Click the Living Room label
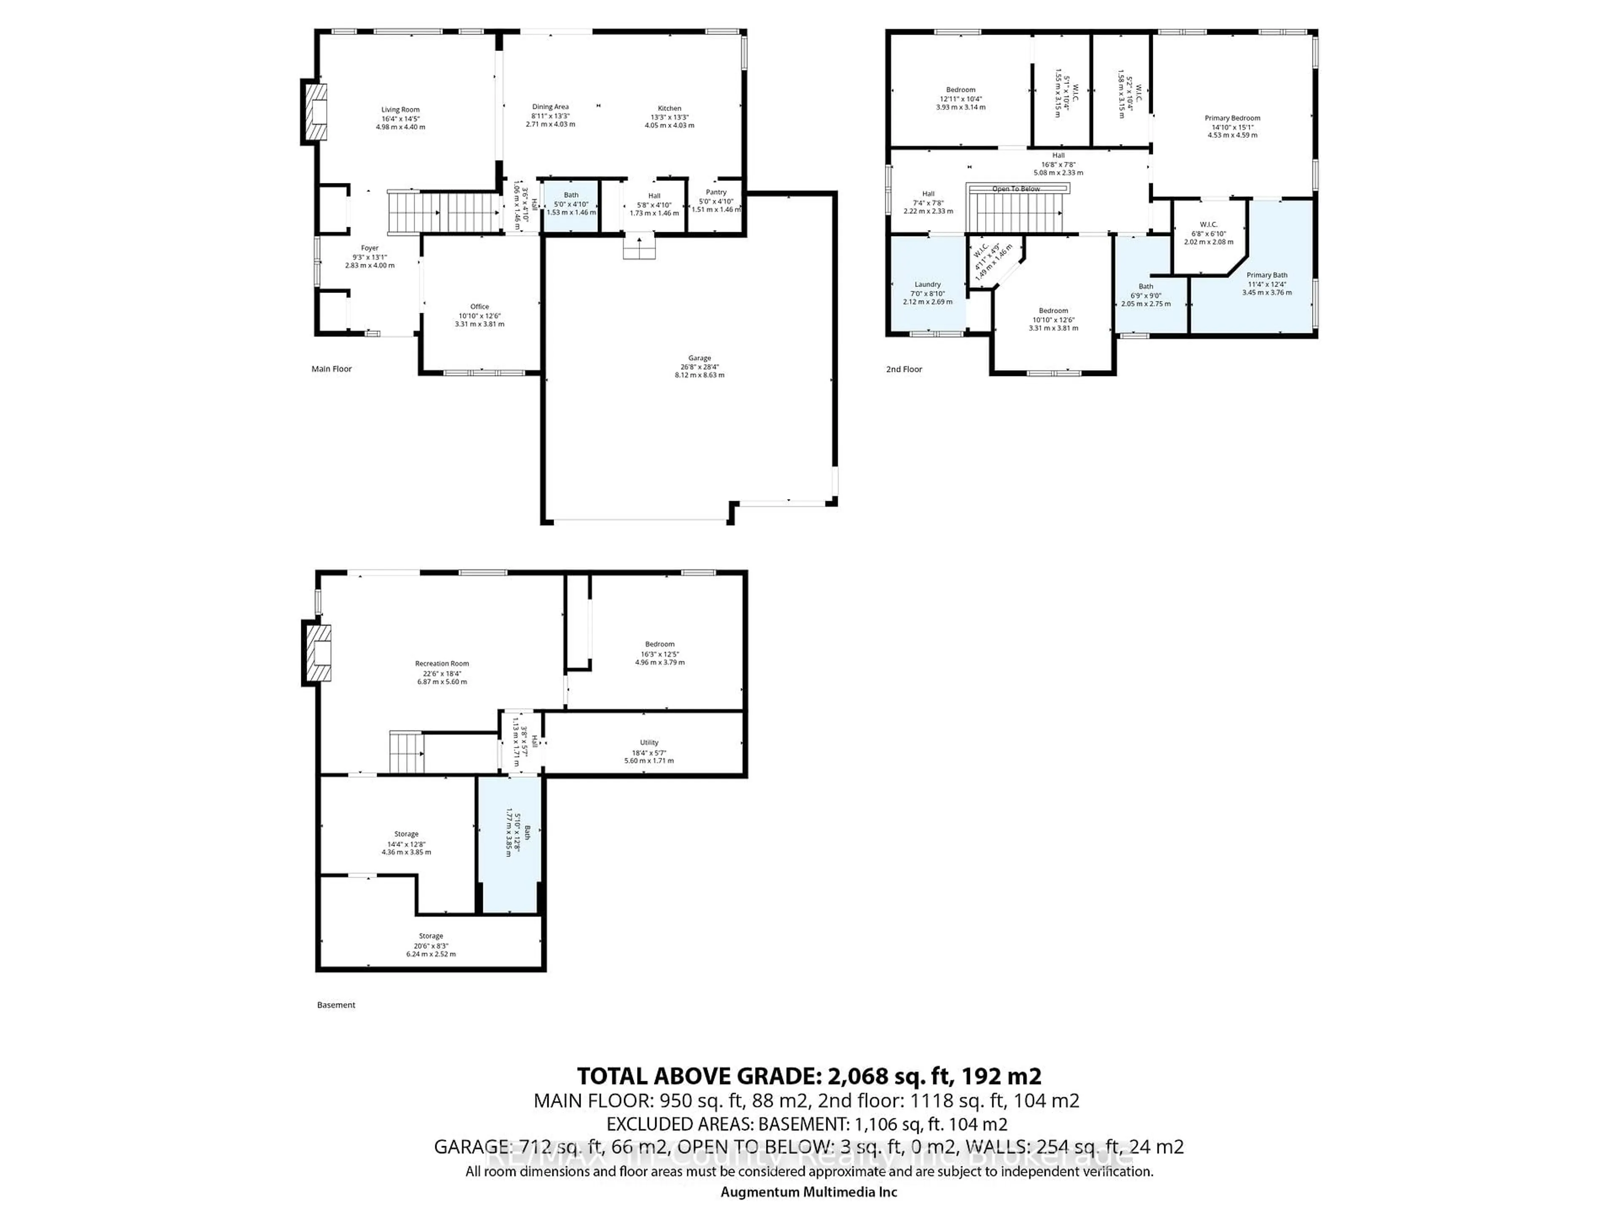tap(400, 110)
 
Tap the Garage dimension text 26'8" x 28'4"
tap(699, 367)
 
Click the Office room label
tap(479, 306)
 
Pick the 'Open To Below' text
tap(1016, 189)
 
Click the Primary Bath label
tap(1267, 275)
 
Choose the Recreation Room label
tap(442, 664)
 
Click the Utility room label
tap(649, 742)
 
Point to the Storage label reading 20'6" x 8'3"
tap(431, 936)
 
